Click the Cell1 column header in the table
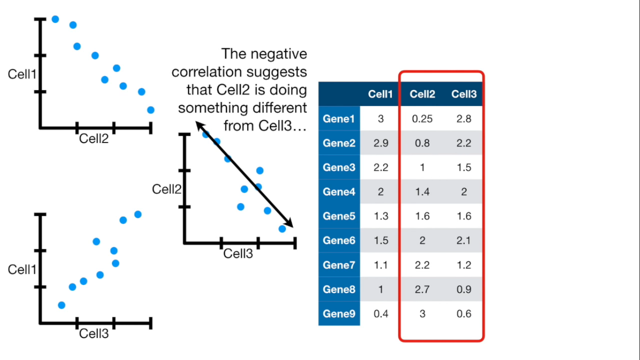[380, 94]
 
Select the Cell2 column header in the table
[422, 94]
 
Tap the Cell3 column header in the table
[464, 94]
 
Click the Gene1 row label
[339, 119]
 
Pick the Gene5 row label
[339, 217]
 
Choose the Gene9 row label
[339, 314]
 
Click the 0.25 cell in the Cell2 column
[422, 119]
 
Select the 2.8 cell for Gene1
[464, 119]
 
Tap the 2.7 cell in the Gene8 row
[422, 290]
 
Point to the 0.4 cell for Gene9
[380, 314]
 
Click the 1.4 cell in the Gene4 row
[422, 192]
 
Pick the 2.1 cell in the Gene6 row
[464, 241]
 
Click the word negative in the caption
[279, 54]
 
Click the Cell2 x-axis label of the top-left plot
[94, 138]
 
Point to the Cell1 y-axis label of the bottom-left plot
[22, 270]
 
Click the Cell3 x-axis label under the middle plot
[238, 254]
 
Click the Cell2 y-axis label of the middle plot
[166, 189]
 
